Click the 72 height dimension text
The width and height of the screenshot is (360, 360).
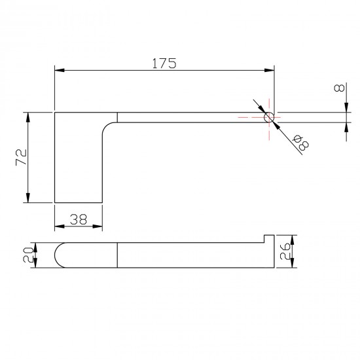[x=21, y=158]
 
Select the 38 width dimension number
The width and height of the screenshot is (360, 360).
[x=78, y=221]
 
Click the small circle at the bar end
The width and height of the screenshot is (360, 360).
[x=268, y=118]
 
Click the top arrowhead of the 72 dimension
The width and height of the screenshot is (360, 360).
[x=27, y=116]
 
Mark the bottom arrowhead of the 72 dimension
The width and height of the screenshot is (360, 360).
[x=27, y=200]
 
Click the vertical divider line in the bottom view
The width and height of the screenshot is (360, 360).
[x=117, y=255]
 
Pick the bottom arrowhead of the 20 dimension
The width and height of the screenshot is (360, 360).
[x=37, y=265]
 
